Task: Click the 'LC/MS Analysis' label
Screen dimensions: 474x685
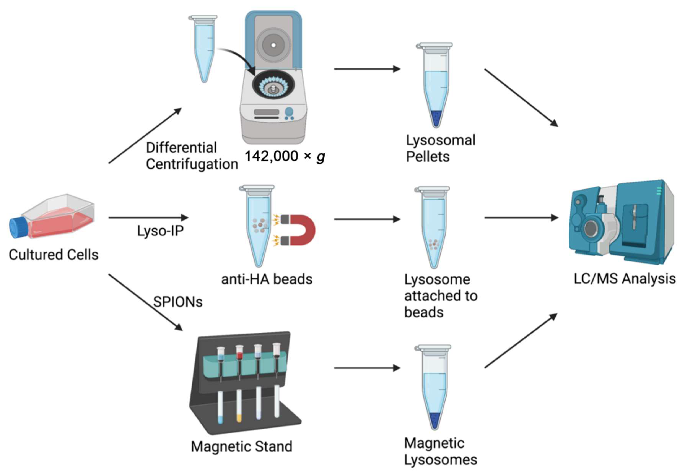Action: [x=625, y=279]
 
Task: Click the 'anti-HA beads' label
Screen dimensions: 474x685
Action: [x=267, y=279]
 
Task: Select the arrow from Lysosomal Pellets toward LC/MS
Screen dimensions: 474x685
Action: [x=521, y=97]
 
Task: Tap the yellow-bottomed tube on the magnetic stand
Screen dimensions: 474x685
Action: [x=239, y=406]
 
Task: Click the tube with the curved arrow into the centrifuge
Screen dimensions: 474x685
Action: [x=204, y=49]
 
